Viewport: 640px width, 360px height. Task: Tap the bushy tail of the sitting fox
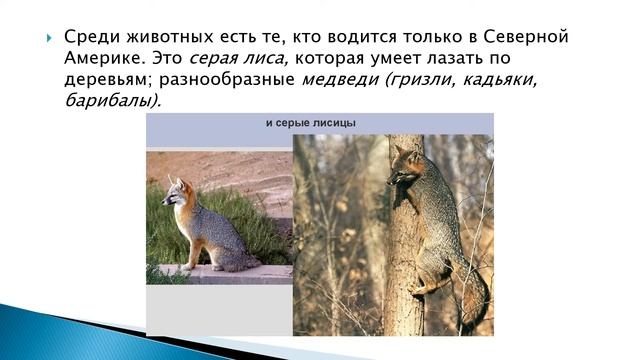click(x=240, y=262)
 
